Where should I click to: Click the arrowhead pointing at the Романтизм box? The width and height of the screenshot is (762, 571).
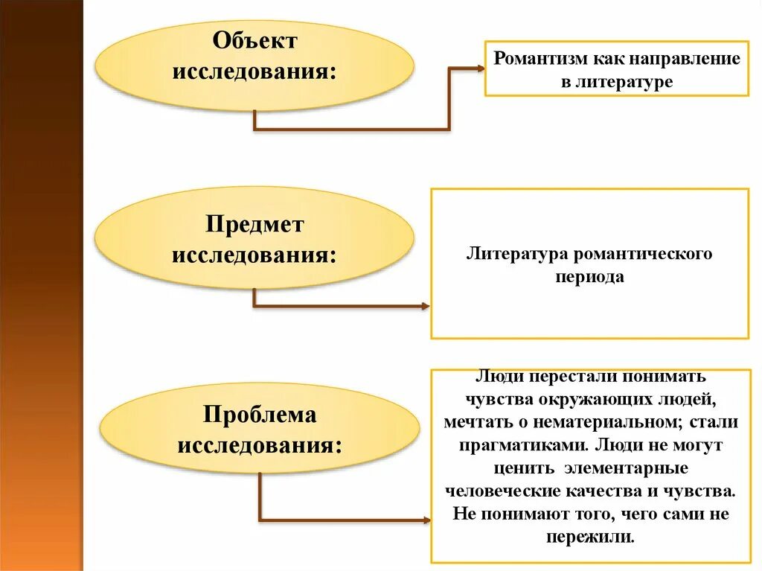click(480, 68)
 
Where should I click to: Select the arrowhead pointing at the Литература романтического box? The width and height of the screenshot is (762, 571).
click(426, 306)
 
